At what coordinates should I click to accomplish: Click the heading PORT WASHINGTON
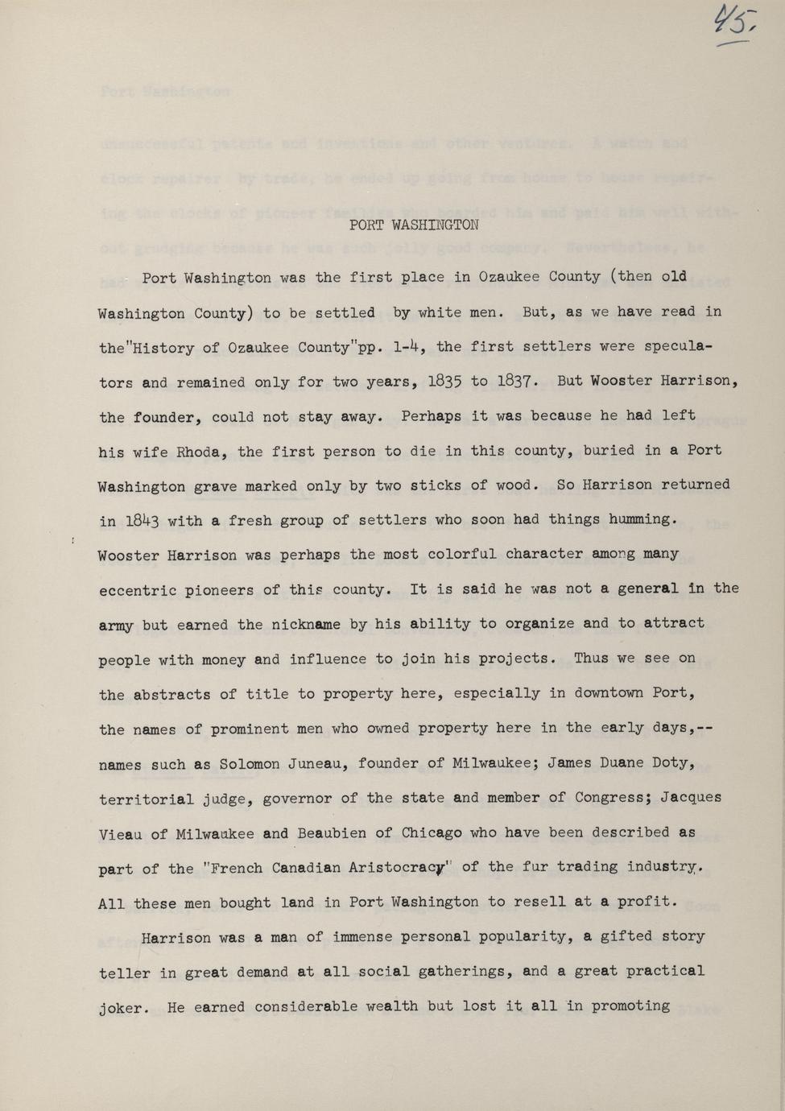[x=414, y=225]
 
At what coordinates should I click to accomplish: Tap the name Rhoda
[x=194, y=452]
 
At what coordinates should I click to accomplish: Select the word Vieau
[x=120, y=834]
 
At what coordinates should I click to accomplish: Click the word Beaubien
[x=333, y=833]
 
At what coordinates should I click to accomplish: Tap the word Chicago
[x=432, y=832]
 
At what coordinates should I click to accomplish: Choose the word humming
[x=638, y=519]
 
